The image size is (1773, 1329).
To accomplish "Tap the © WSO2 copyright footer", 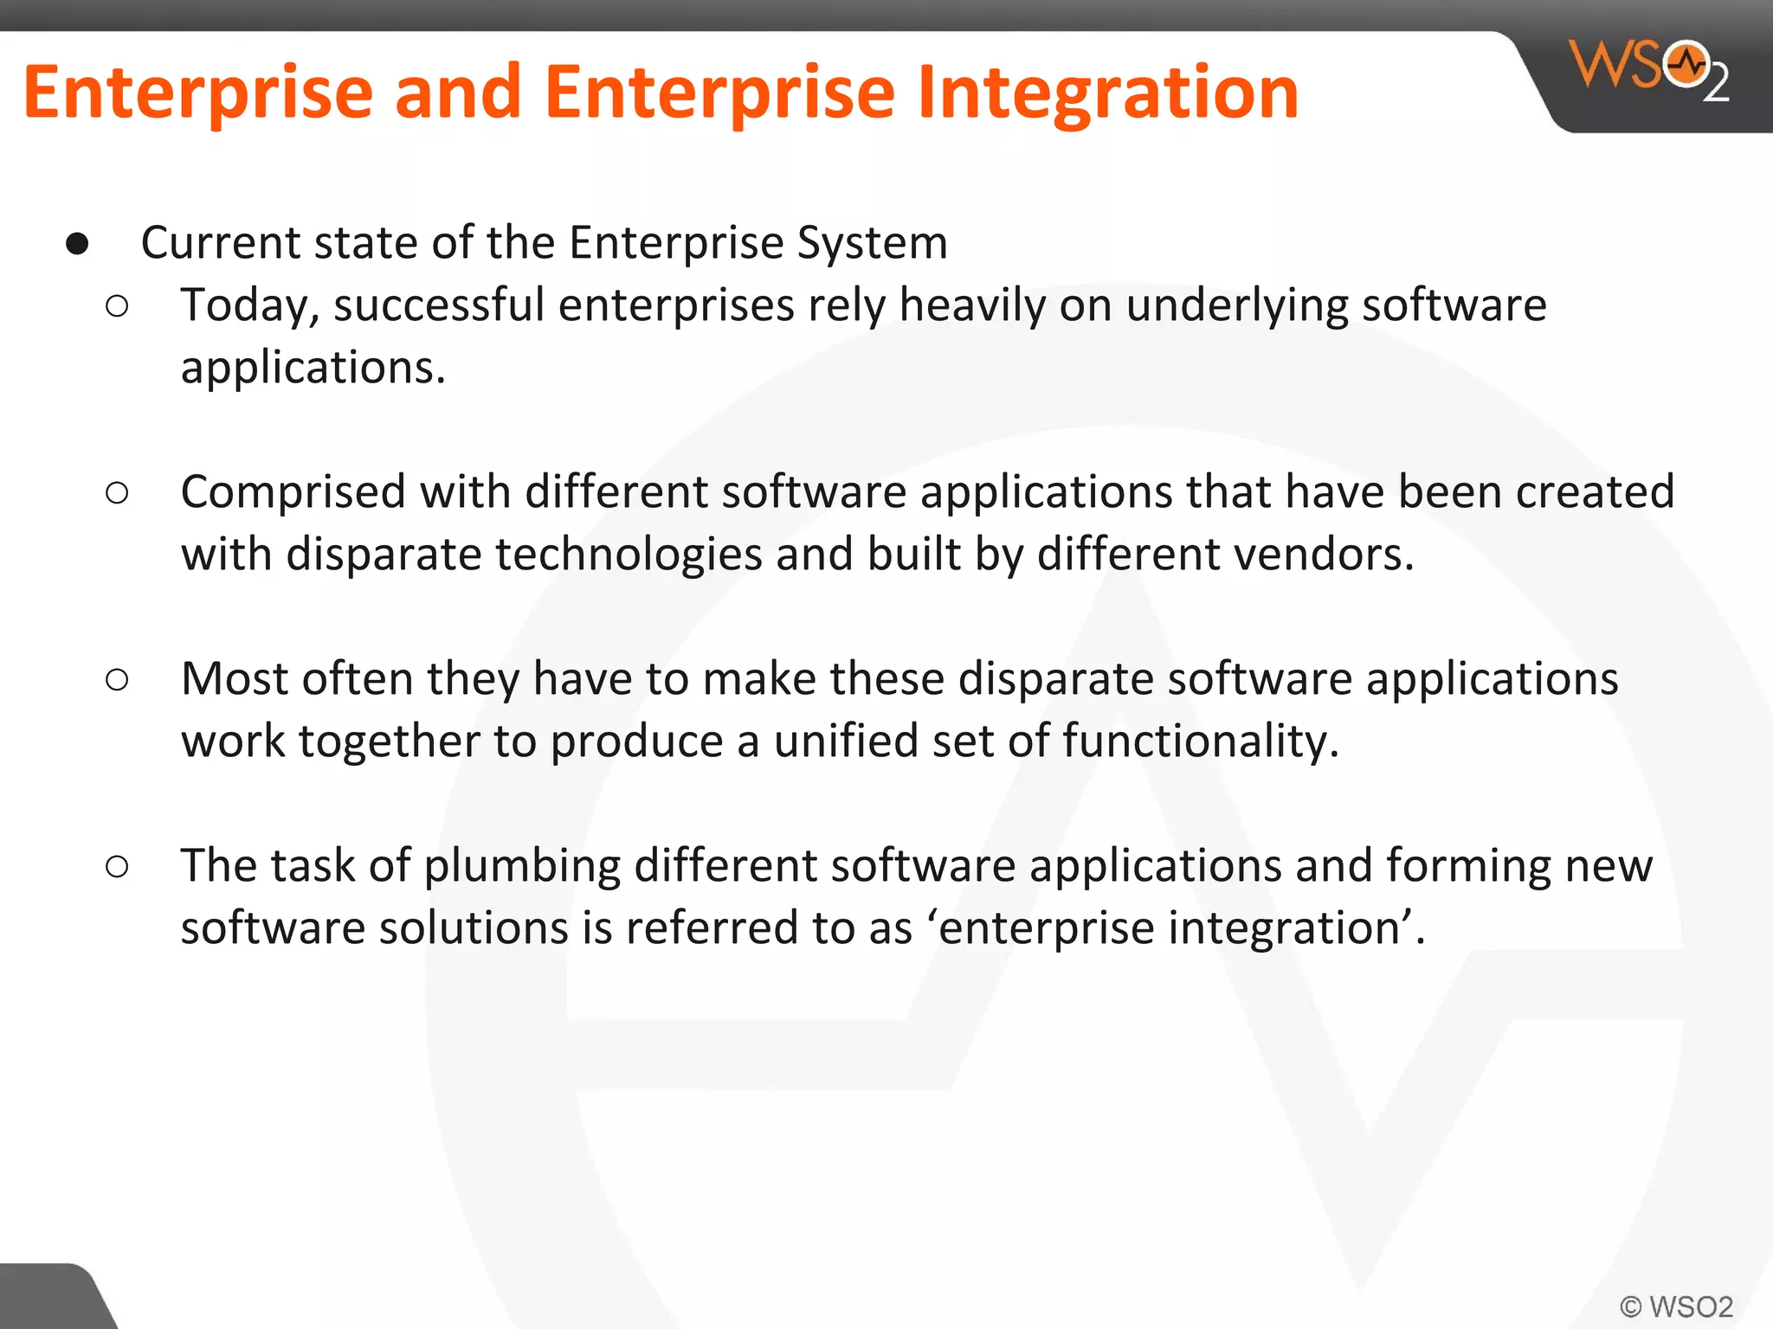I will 1676,1306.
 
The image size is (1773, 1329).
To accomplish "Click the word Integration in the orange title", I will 1107,93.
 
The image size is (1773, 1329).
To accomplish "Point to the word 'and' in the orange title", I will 458,93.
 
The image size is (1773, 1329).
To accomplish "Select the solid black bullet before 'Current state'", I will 77,244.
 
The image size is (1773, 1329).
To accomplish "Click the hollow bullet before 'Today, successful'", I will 117,306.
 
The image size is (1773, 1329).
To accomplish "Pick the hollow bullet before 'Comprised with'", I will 117,493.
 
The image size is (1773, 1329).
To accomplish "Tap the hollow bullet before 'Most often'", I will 117,680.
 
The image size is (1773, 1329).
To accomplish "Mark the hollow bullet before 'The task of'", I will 117,866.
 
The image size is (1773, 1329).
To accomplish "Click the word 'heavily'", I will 971,306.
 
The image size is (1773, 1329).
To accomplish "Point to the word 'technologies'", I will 628,555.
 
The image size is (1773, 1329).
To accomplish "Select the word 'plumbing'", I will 522,867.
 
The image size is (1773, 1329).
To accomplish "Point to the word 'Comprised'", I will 293,493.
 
